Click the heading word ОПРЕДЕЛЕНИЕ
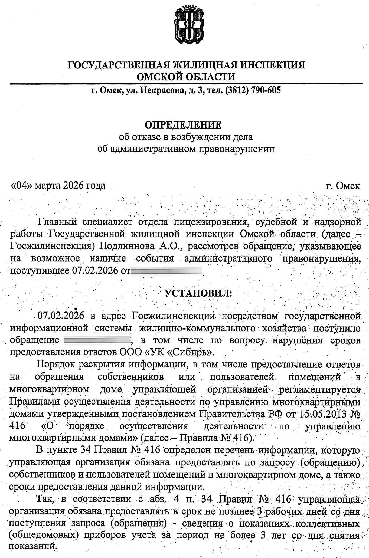point(183,125)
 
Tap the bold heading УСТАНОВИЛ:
point(198,293)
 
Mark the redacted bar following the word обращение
point(97,340)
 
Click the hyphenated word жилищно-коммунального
point(197,328)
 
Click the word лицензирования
point(211,222)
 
